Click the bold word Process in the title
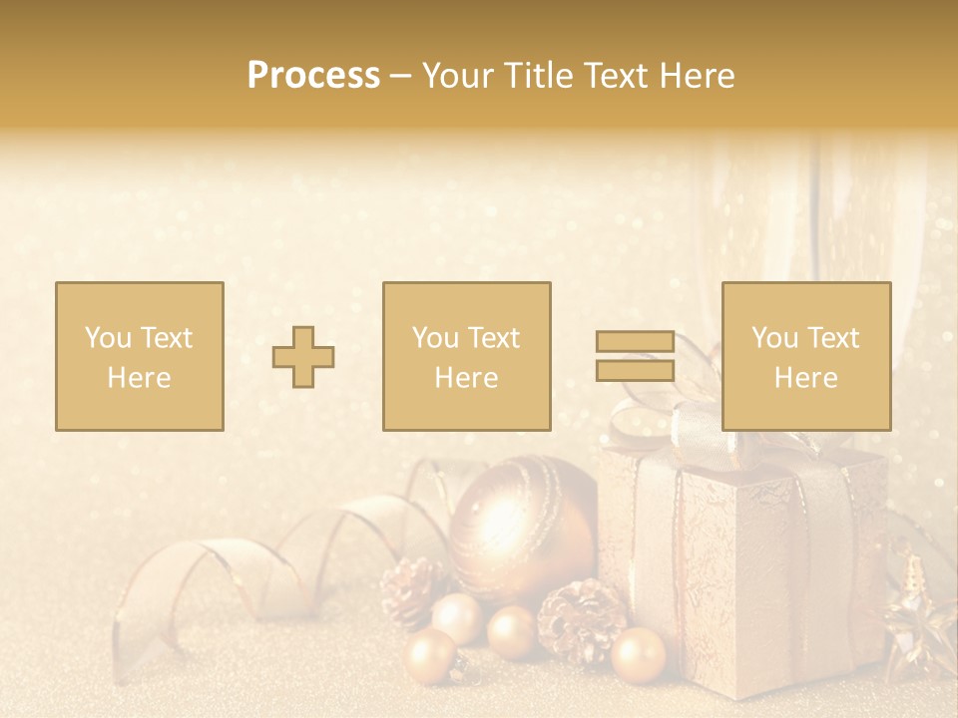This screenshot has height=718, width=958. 313,76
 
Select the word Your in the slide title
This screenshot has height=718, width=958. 457,76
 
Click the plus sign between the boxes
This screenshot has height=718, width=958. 304,357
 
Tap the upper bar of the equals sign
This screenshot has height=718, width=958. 635,342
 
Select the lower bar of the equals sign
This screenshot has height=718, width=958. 635,371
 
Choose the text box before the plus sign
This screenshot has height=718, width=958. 140,356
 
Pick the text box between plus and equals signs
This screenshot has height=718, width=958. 467,356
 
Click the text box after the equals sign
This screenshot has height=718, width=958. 806,356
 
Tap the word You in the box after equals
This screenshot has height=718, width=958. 773,338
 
